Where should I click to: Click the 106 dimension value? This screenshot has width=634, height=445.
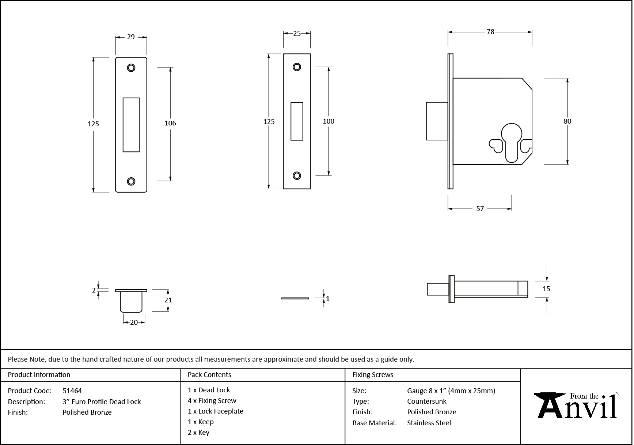click(x=170, y=123)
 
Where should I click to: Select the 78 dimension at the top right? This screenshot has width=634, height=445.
click(x=490, y=32)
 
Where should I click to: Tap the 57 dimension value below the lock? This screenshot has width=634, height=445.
click(x=480, y=209)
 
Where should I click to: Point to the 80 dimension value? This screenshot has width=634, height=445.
click(x=567, y=121)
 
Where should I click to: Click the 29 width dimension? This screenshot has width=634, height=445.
click(x=131, y=37)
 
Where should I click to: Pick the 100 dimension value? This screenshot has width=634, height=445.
click(x=329, y=121)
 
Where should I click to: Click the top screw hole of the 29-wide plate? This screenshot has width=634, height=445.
click(x=131, y=68)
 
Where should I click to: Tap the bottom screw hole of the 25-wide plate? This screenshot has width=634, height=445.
click(x=297, y=176)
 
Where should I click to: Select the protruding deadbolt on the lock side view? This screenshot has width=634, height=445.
click(x=437, y=121)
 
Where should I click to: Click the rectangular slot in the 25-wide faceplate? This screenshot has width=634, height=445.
click(x=297, y=121)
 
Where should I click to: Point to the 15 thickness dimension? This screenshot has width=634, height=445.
click(x=546, y=289)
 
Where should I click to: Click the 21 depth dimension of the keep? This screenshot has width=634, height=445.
click(x=168, y=300)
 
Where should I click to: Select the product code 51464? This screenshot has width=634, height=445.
click(x=72, y=391)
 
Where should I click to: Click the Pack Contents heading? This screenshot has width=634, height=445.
click(x=209, y=375)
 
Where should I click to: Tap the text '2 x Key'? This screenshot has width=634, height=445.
click(x=198, y=433)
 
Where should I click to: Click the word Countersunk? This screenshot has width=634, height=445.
click(x=426, y=401)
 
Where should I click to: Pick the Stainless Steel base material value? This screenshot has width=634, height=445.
click(x=429, y=423)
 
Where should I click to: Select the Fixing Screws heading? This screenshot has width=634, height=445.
click(x=372, y=375)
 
